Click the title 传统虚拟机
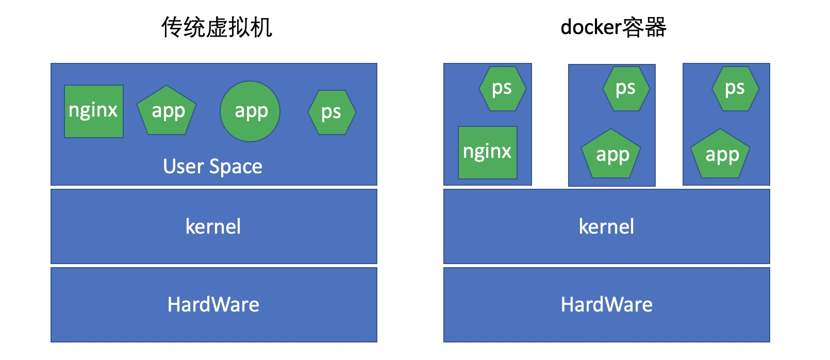[x=217, y=27]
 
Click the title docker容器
[x=613, y=27]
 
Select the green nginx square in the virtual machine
[x=94, y=111]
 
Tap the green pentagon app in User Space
[x=167, y=111]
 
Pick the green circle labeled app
[x=250, y=111]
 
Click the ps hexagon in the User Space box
[x=331, y=112]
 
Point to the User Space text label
[x=213, y=167]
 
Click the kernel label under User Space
[x=213, y=227]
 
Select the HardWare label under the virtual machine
[x=213, y=305]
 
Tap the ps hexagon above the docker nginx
[x=502, y=88]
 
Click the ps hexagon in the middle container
[x=626, y=88]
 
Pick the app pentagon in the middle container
[x=611, y=155]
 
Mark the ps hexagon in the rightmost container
[x=735, y=88]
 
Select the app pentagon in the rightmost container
[x=721, y=155]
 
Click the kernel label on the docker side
[x=606, y=227]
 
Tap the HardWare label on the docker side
[x=607, y=305]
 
